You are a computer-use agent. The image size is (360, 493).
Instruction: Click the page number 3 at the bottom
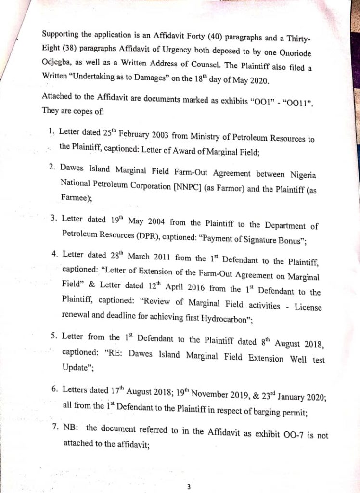point(189,487)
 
